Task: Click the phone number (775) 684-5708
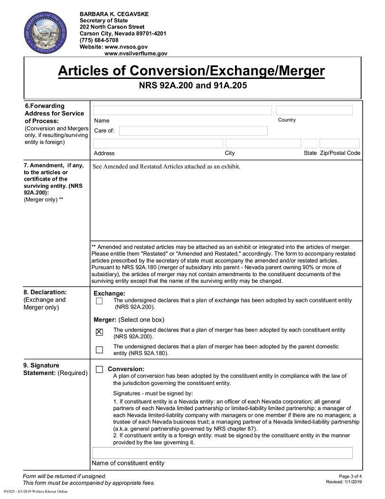pyautogui.click(x=99, y=40)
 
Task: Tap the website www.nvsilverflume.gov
pyautogui.click(x=136, y=54)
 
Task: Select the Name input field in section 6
pyautogui.click(x=182, y=110)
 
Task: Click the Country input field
pyautogui.click(x=314, y=110)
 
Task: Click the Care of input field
pyautogui.click(x=193, y=131)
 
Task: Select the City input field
pyautogui.click(x=263, y=144)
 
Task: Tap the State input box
pyautogui.click(x=310, y=144)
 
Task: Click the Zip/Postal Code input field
pyautogui.click(x=339, y=144)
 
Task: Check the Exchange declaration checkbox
pyautogui.click(x=99, y=301)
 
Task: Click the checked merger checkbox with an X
pyautogui.click(x=99, y=332)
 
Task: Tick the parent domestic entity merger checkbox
pyautogui.click(x=99, y=350)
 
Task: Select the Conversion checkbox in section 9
pyautogui.click(x=99, y=369)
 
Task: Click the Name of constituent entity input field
pyautogui.click(x=222, y=452)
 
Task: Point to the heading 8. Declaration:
pyautogui.click(x=45, y=292)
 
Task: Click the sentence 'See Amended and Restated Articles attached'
pyautogui.click(x=167, y=167)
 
